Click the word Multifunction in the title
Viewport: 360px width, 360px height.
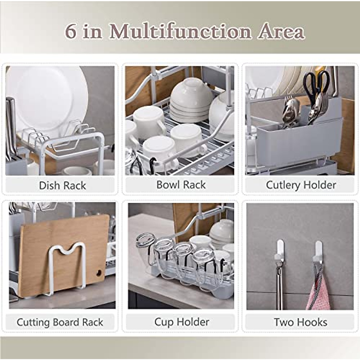point(180,31)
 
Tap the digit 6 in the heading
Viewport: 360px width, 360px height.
point(70,31)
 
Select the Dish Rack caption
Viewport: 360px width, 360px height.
point(62,185)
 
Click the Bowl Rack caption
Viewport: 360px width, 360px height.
point(181,185)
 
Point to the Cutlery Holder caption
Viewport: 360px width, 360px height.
point(301,185)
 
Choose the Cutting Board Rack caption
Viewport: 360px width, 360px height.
point(60,322)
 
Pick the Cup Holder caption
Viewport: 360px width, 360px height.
point(181,322)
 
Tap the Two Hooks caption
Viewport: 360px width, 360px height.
point(300,322)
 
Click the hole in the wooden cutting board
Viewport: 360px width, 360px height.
point(99,273)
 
